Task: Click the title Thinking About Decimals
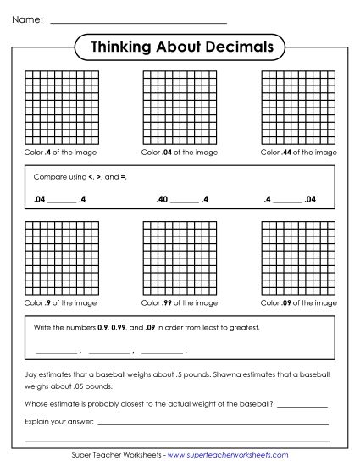click(180, 47)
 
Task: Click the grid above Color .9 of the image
click(61, 258)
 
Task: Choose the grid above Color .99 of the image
click(180, 258)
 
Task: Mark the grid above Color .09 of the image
click(298, 258)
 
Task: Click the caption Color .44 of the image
click(298, 153)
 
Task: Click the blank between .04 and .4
click(62, 202)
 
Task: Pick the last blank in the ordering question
click(162, 351)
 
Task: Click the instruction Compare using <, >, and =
click(80, 178)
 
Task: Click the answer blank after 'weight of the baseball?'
click(302, 404)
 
